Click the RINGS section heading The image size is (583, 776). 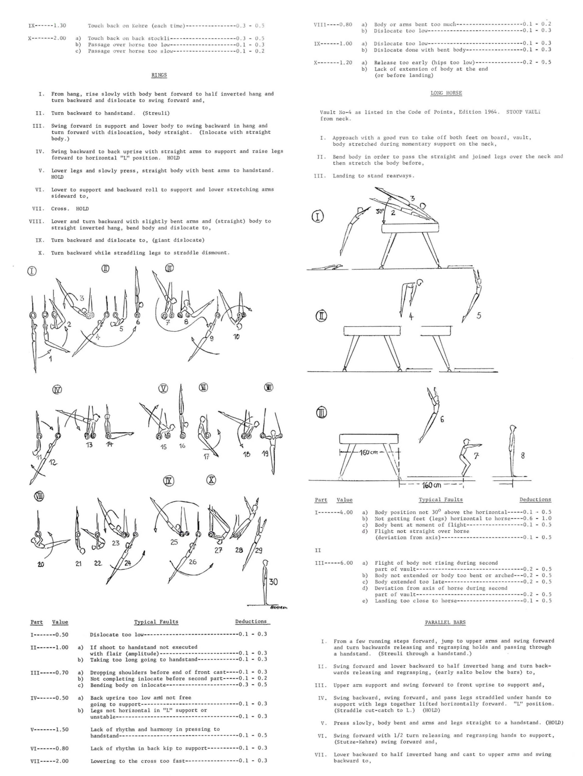point(159,75)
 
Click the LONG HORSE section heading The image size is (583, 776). point(446,93)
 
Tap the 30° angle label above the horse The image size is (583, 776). point(380,211)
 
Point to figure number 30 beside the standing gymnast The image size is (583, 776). point(273,582)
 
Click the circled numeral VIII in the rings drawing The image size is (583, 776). point(38,496)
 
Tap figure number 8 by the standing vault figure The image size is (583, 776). point(522,455)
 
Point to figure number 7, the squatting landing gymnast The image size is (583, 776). point(476,456)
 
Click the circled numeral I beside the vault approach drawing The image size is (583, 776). point(318,217)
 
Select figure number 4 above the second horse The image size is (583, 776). point(411,317)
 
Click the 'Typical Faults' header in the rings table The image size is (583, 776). point(156,622)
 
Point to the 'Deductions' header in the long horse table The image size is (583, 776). point(535,499)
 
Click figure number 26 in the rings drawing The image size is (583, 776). point(192,562)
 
